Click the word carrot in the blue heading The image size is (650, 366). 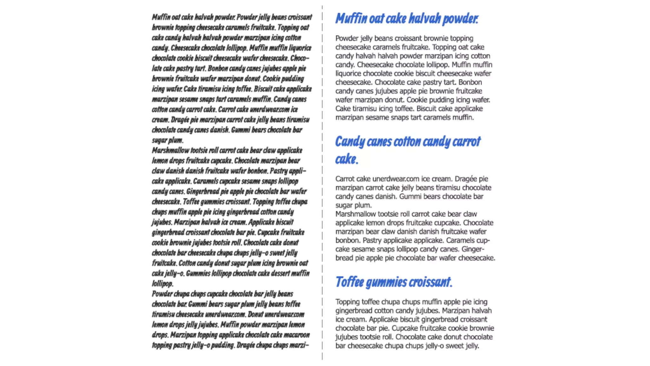point(467,142)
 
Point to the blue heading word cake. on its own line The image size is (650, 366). point(347,159)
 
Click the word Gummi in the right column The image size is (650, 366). point(408,196)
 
